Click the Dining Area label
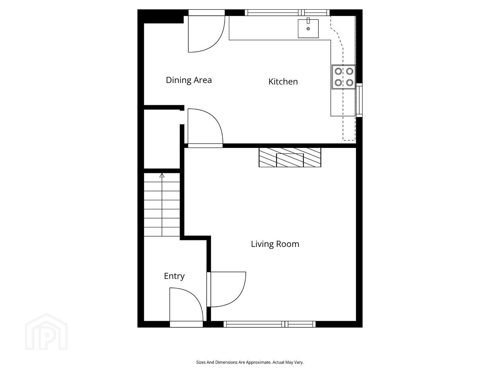point(189,80)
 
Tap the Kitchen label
point(283,82)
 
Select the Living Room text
point(275,244)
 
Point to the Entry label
point(174,276)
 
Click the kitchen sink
point(308,28)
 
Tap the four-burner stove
point(344,77)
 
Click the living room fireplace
point(290,157)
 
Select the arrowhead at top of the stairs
point(162,175)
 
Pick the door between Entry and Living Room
point(226,289)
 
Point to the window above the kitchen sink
point(287,12)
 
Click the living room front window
point(269,324)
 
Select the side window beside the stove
point(359,100)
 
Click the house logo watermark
point(47,332)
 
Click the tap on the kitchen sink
point(308,20)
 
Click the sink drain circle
point(308,29)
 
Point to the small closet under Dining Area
point(162,139)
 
